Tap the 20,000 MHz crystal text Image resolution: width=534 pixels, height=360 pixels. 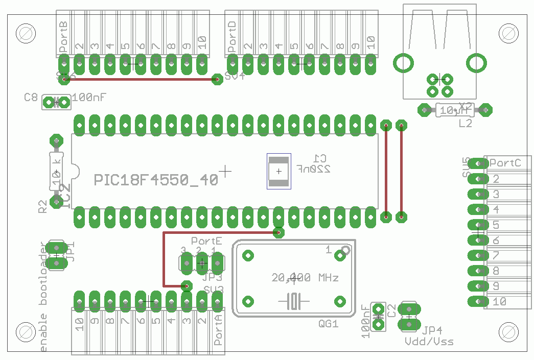[305, 278]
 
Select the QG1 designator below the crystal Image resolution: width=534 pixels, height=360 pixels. [328, 324]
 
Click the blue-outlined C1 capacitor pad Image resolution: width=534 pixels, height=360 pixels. [278, 171]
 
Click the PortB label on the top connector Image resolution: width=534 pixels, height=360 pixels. [64, 37]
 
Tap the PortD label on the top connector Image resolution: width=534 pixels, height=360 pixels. [233, 37]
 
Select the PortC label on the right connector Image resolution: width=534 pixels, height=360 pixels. [505, 163]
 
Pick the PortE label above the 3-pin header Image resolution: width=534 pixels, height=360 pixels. [206, 240]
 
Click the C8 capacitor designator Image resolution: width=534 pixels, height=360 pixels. [31, 97]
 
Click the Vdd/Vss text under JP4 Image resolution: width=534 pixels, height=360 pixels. [429, 341]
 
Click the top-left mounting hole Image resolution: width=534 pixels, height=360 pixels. [26, 33]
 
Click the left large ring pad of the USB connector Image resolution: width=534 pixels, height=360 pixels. [403, 63]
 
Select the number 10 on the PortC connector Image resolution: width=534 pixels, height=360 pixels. [499, 301]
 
